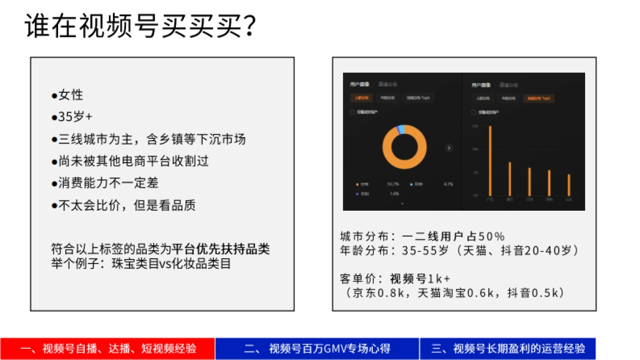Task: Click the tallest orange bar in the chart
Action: click(490, 160)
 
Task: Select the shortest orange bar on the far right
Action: click(569, 185)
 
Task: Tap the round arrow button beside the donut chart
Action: click(449, 148)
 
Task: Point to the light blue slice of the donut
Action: click(402, 130)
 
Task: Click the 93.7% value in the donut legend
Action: click(394, 185)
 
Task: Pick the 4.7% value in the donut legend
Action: click(448, 185)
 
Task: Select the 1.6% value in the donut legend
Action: click(394, 194)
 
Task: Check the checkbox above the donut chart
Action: click(353, 113)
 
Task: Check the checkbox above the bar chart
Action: click(474, 113)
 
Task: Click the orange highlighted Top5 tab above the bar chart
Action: click(538, 98)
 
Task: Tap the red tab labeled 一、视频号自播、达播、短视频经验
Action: click(108, 349)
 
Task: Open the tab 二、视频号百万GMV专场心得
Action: click(317, 349)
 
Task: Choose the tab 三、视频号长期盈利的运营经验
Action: click(508, 349)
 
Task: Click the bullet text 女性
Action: click(71, 95)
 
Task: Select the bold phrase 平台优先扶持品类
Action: click(220, 250)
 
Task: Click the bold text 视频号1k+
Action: click(420, 279)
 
